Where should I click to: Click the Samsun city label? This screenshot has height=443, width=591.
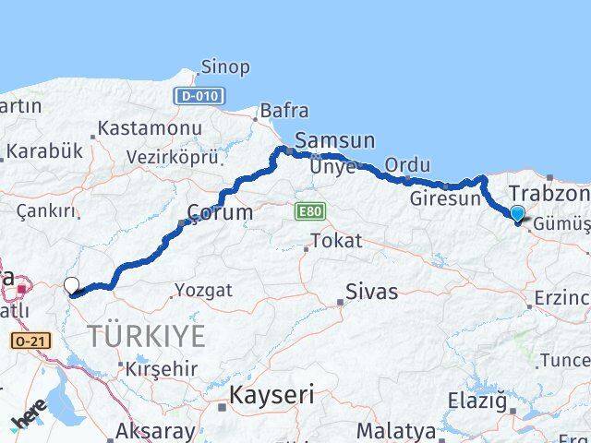pos(335,140)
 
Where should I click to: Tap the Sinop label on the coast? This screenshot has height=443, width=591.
pos(225,67)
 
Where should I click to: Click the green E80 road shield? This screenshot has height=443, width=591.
pos(310,212)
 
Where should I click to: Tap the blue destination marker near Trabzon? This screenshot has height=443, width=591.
pos(517,214)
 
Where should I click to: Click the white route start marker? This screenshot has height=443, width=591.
pos(72,286)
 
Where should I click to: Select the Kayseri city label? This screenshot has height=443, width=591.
pos(271,396)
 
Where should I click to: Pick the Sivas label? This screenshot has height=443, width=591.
pos(371,293)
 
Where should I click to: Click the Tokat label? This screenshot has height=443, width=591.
pos(336,242)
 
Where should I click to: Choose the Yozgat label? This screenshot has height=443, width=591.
pos(206,290)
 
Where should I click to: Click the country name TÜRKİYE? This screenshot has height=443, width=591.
pos(147,337)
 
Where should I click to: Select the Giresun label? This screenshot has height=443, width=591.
pos(445,198)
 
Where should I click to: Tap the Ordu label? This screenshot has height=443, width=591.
pos(406,164)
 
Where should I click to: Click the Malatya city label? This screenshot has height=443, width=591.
pos(396,430)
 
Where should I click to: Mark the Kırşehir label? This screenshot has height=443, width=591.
pos(163,367)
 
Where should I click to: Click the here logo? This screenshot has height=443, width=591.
pos(29,417)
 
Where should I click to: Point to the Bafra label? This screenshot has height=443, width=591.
pos(284,111)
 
